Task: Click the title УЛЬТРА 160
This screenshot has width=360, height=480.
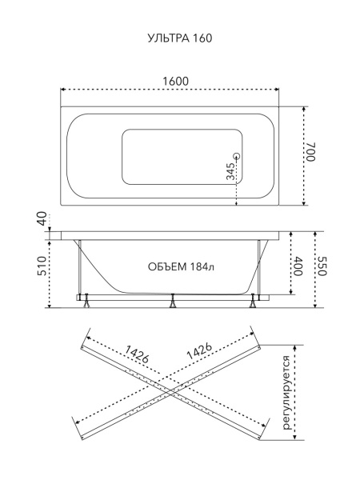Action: tap(180, 38)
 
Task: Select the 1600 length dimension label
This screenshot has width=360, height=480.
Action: tap(175, 82)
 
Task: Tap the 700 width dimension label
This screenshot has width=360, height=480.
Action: tap(310, 151)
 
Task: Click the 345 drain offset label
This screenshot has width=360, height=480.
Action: tap(230, 171)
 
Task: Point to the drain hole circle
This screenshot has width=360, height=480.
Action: tap(237, 156)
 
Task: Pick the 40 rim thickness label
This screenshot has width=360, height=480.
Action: tap(43, 218)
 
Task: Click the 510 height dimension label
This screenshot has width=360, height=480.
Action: tap(42, 266)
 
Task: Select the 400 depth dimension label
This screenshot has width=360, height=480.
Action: tap(298, 266)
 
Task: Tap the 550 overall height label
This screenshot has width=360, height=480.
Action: tap(323, 266)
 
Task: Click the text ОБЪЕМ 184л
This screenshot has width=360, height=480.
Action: tap(182, 266)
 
